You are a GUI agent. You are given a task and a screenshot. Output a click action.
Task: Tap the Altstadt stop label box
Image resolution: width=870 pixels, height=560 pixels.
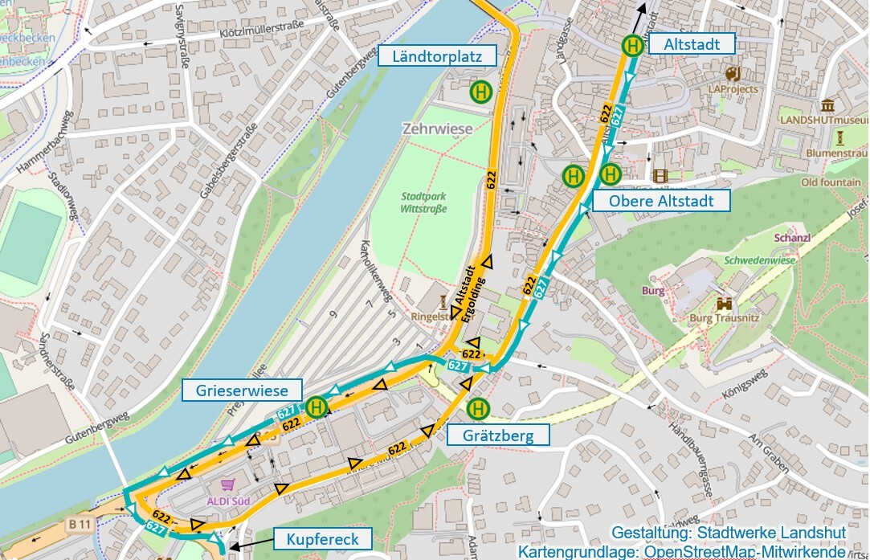[692, 45]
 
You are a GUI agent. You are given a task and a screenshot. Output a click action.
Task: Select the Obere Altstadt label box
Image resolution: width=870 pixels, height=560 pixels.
[661, 201]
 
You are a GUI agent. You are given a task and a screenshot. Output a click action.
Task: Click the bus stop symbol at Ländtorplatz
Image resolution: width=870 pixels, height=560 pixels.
[481, 92]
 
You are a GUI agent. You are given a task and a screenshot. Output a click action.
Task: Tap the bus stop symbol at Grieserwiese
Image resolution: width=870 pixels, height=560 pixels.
[317, 407]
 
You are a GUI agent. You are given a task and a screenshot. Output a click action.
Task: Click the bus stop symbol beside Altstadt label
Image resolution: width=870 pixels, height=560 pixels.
[633, 46]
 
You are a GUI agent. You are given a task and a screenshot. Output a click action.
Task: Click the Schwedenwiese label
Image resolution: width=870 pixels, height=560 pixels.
[759, 261]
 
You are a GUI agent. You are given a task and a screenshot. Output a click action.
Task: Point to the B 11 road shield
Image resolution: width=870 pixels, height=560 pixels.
[80, 525]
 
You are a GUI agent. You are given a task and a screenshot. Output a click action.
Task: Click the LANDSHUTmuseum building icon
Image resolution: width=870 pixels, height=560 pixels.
[827, 104]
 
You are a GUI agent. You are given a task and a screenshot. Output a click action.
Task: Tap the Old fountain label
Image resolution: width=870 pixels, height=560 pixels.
[830, 182]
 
